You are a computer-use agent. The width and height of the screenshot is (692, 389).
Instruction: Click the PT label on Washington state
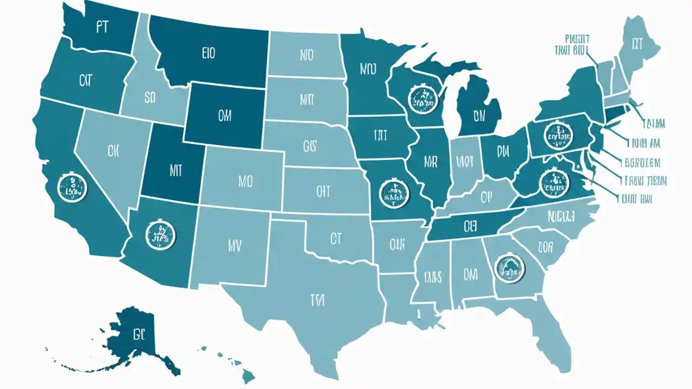(103, 28)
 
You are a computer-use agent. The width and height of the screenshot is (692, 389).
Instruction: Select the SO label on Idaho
(150, 98)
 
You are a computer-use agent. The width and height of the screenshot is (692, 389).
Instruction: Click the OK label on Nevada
(113, 151)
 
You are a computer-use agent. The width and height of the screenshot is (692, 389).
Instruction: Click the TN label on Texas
(317, 298)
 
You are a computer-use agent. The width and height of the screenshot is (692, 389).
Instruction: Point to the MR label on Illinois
(431, 161)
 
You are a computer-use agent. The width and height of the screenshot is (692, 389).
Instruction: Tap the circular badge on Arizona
(161, 233)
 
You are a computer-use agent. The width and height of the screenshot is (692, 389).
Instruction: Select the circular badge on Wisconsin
(421, 97)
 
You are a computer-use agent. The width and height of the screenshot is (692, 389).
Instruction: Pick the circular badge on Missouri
(394, 193)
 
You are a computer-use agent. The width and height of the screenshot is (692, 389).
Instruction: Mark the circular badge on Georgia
(510, 269)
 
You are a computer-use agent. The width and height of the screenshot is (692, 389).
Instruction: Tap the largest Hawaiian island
(248, 374)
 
